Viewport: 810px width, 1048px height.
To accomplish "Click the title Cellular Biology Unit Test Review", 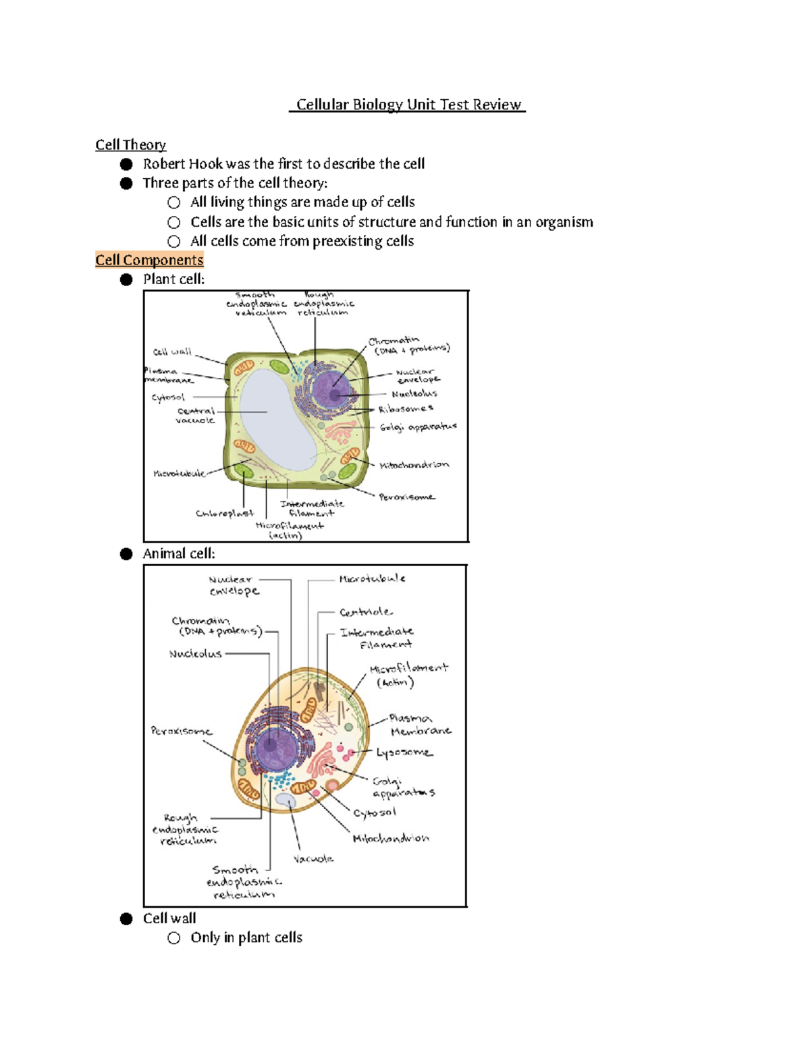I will point(408,105).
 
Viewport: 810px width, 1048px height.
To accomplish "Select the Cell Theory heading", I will point(130,145).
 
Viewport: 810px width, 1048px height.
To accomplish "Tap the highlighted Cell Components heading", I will point(149,260).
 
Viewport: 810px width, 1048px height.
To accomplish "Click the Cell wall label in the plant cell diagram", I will point(172,352).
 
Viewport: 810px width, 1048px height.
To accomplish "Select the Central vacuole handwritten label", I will point(196,416).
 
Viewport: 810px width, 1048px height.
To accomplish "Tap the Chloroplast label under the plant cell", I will point(224,514).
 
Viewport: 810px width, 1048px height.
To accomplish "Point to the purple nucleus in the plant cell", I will point(333,389).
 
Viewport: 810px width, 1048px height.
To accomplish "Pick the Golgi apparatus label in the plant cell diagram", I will point(418,427).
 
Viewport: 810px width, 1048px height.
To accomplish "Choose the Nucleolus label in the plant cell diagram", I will point(414,393).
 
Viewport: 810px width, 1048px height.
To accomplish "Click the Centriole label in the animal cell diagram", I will point(365,612).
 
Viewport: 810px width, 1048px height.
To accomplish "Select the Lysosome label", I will point(404,752).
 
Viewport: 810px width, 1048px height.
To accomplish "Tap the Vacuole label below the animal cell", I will point(313,859).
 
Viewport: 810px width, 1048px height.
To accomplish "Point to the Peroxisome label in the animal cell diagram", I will point(181,731).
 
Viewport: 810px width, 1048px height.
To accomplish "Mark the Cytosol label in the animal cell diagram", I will point(375,813).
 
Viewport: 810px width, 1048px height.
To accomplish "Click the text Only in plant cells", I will point(246,938).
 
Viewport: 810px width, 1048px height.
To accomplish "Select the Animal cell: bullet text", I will point(179,554).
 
